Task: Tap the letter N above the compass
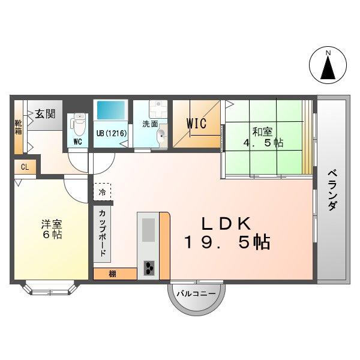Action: [x=328, y=53]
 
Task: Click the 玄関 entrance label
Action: [x=44, y=112]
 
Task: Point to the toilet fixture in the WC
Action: [x=77, y=125]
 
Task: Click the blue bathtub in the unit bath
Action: [x=110, y=111]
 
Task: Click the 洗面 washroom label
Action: [x=149, y=124]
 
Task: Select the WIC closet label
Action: [x=196, y=124]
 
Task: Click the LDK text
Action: [x=225, y=224]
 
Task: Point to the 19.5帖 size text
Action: [x=227, y=243]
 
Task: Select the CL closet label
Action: [x=25, y=167]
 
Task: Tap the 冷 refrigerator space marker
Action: [x=102, y=193]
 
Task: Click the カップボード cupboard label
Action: [x=102, y=233]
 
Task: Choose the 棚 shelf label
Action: [x=113, y=274]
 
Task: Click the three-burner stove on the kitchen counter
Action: [x=148, y=268]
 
